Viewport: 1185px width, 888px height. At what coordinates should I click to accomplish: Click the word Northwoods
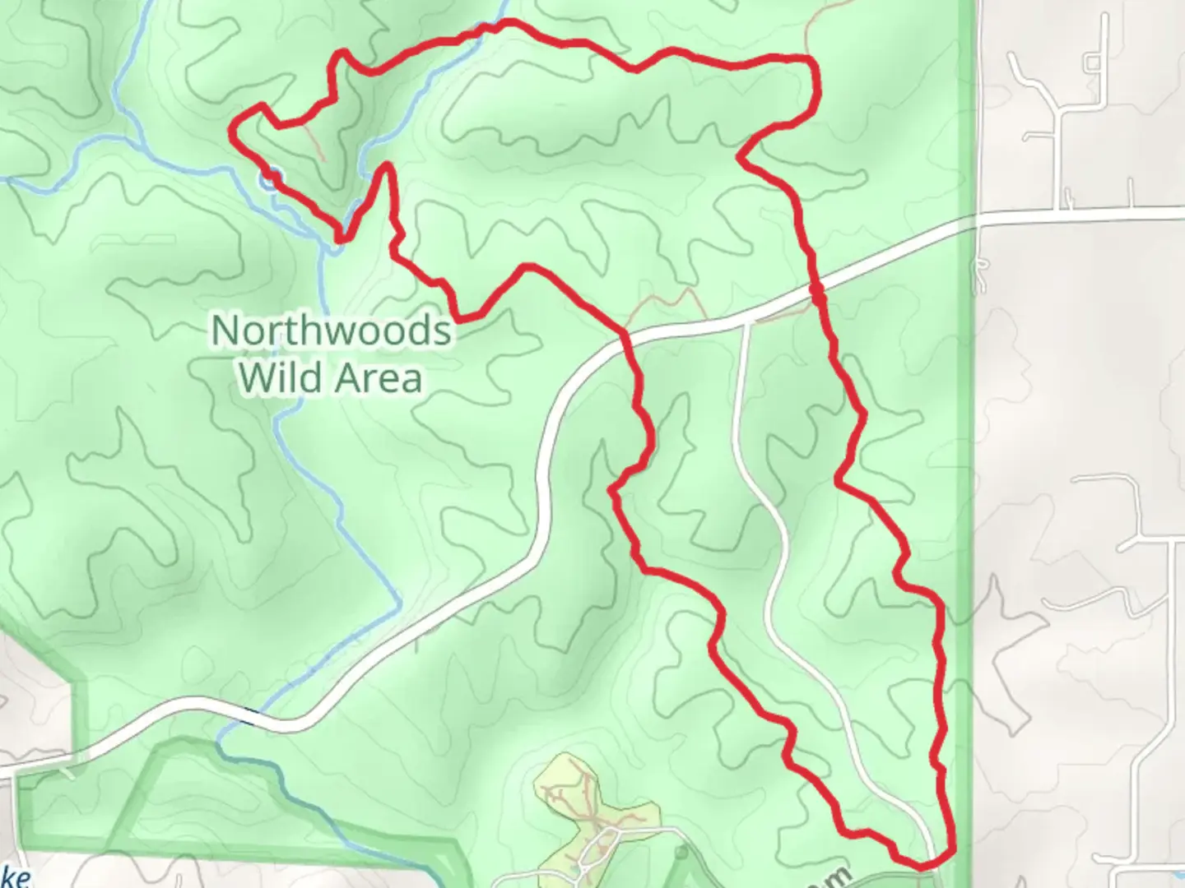[331, 331]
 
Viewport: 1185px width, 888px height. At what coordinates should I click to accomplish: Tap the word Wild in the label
[276, 377]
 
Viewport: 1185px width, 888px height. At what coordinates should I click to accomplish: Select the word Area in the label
[379, 377]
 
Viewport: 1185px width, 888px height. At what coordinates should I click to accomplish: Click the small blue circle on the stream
[270, 177]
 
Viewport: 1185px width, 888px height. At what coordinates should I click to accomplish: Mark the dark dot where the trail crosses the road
[816, 289]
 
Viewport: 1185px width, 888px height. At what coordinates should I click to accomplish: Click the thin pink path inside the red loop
[314, 141]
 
